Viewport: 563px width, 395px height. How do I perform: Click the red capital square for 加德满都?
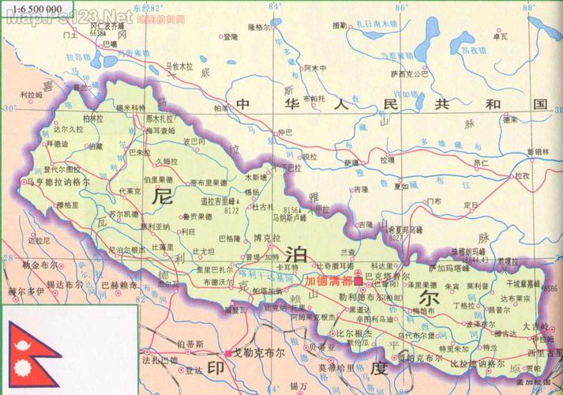click(358, 280)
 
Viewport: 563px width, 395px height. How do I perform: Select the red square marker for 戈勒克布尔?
click(227, 353)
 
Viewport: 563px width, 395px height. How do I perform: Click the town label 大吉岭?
click(534, 325)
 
